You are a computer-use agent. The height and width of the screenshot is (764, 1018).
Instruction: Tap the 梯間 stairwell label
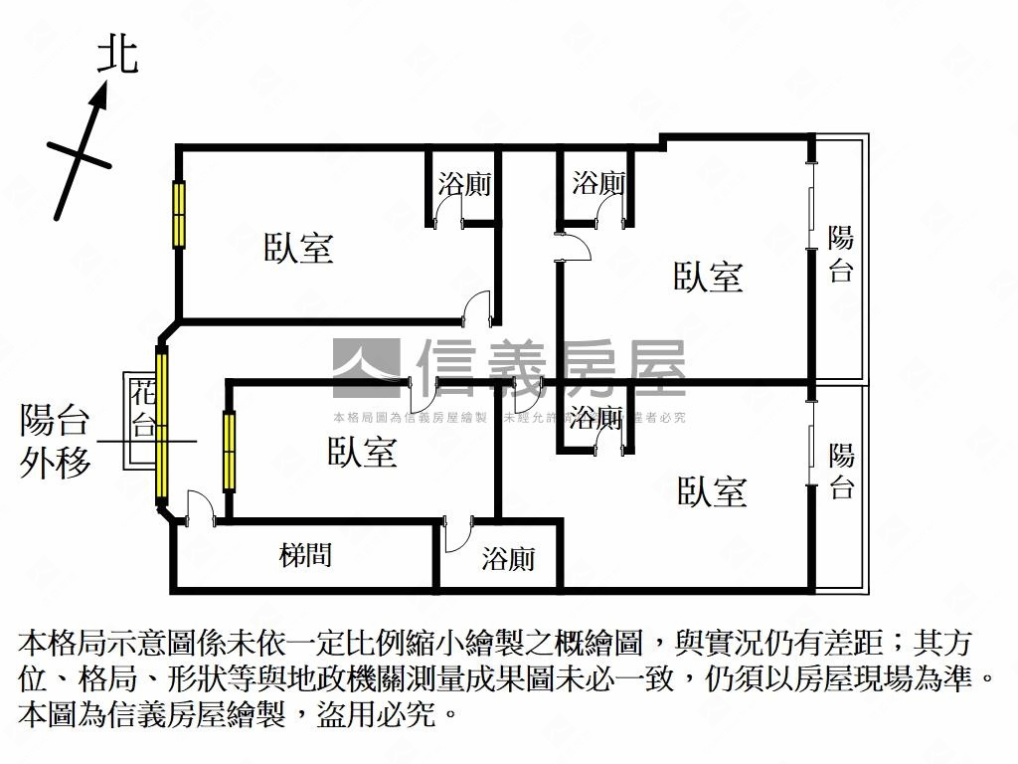305,555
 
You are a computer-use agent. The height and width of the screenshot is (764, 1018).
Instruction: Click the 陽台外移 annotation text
56,442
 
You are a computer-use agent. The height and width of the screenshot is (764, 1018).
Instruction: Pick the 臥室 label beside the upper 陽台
709,277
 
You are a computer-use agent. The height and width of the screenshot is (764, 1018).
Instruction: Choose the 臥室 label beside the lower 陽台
712,491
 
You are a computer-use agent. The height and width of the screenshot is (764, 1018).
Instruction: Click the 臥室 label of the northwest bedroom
298,248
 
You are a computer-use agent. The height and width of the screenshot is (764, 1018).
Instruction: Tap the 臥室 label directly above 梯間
363,453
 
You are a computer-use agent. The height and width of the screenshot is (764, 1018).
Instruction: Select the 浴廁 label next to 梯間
508,559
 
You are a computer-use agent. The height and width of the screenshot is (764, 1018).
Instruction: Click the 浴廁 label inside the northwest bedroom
464,184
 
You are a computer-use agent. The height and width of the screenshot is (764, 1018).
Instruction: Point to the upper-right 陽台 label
841,254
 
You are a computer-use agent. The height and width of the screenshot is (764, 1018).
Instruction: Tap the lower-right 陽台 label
842,471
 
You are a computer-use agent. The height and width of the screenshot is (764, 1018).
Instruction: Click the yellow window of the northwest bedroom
179,214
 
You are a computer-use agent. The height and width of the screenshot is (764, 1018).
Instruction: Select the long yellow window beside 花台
161,425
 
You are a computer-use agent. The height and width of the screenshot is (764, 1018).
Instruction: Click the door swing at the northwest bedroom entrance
479,307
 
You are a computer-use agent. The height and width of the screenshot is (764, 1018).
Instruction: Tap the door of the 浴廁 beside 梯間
459,533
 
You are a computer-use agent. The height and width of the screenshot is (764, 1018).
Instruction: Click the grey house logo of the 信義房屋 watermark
366,369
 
